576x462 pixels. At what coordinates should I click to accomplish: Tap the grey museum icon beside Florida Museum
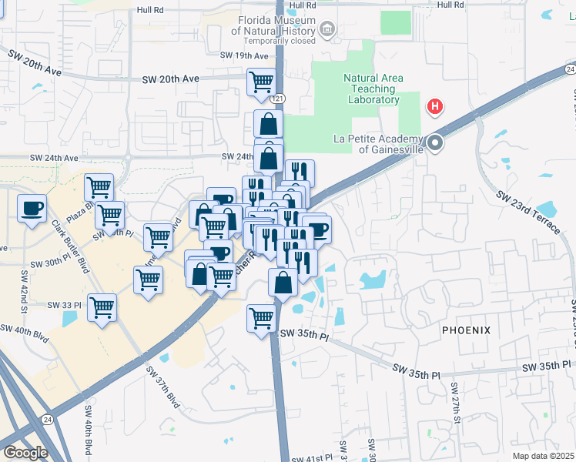[327, 30]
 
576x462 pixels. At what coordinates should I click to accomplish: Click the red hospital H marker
[435, 106]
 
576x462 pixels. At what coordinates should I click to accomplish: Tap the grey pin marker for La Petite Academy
[436, 142]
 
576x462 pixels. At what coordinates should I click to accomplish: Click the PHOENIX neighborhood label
[466, 330]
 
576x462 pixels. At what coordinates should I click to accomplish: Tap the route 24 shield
[48, 420]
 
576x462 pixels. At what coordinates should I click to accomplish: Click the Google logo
[25, 452]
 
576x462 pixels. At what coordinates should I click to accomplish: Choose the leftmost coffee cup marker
[32, 209]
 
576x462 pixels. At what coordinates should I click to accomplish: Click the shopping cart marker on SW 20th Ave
[262, 81]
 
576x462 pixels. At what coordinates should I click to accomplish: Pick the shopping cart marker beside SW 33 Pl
[102, 308]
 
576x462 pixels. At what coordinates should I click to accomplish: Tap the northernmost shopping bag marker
[268, 123]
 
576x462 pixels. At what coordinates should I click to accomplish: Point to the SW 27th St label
[456, 412]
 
